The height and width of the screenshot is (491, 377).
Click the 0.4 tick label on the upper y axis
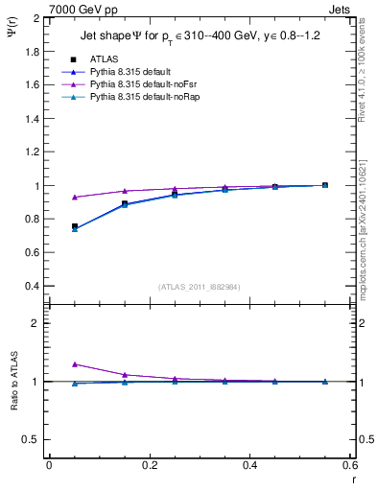[x=32, y=287]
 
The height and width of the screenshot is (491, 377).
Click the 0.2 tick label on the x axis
[x=149, y=465]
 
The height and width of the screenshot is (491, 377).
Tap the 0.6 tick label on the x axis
[x=349, y=465]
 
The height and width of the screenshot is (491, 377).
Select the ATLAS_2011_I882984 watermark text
[x=200, y=287]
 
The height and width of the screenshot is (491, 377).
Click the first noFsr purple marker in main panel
[x=75, y=198]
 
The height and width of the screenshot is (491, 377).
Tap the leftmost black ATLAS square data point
[x=75, y=226]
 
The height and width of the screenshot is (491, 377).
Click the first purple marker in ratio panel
[x=75, y=364]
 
